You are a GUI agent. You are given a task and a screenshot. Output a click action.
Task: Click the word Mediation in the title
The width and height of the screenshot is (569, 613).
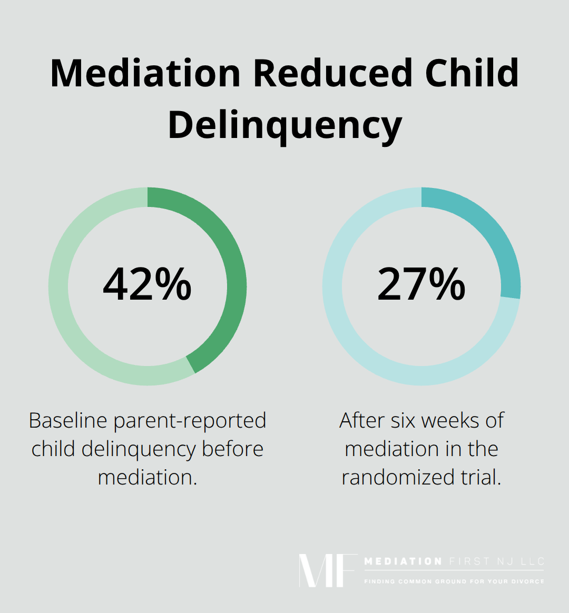(146, 73)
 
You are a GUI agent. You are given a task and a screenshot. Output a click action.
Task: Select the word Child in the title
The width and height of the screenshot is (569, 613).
(472, 73)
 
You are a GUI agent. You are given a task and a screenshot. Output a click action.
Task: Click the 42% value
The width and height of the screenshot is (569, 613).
(147, 284)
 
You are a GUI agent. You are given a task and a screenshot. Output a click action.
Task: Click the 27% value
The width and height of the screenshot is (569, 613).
(421, 284)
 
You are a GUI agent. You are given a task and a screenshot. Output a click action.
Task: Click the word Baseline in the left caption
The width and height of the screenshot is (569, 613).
(68, 421)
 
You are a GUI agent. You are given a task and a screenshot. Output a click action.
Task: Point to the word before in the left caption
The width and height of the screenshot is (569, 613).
(233, 449)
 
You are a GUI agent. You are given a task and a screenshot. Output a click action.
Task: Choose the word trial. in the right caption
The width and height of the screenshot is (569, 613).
(480, 478)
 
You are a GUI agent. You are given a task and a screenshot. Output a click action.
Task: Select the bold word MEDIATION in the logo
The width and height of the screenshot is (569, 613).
(403, 561)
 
